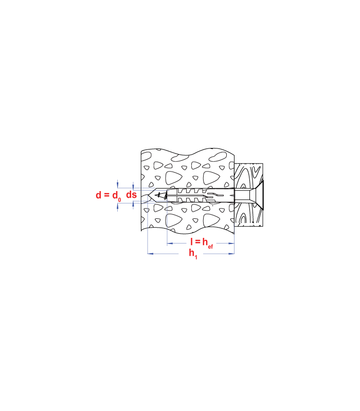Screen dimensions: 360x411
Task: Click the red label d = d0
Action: point(109,196)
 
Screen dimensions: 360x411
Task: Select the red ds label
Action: point(132,195)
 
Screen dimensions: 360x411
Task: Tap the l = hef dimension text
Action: point(202,242)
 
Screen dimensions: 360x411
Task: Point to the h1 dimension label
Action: point(193,254)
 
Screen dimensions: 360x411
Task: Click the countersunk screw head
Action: point(256,195)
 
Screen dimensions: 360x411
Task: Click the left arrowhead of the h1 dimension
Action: point(150,254)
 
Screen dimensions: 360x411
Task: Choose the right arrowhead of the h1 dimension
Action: point(231,254)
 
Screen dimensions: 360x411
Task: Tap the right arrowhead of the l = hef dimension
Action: point(231,244)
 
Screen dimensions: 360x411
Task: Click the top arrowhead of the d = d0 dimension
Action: point(118,184)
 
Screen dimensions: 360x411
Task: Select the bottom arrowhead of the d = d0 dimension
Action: point(118,207)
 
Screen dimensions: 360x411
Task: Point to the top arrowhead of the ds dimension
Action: point(133,186)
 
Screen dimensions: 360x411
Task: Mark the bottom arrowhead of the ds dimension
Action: point(133,204)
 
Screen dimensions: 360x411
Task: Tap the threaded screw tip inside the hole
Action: point(161,195)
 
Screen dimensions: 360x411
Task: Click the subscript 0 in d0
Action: point(120,200)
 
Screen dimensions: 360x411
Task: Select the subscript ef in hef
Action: point(210,247)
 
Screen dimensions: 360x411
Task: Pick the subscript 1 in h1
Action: point(196,257)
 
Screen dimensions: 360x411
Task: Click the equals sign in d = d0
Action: point(106,195)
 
